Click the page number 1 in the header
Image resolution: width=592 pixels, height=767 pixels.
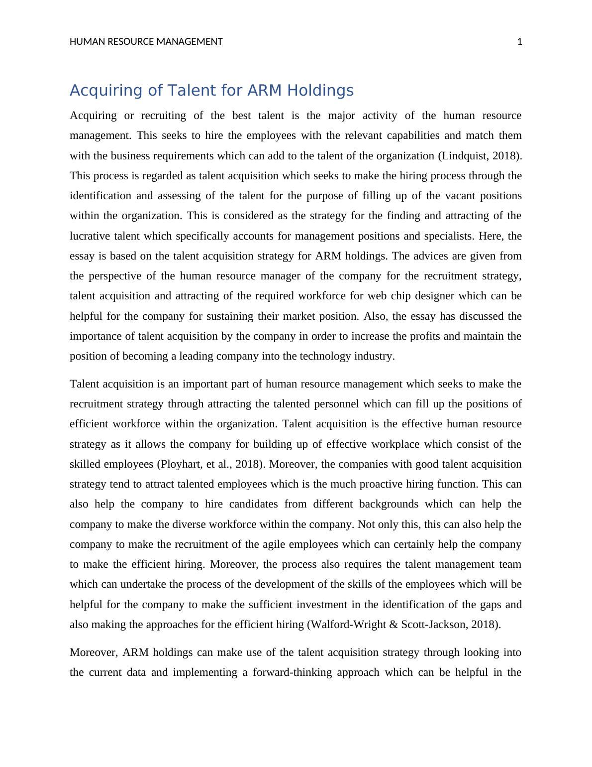pyautogui.click(x=520, y=42)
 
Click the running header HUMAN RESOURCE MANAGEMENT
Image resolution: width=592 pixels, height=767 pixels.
pyautogui.click(x=146, y=42)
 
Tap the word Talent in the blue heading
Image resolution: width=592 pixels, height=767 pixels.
pyautogui.click(x=188, y=91)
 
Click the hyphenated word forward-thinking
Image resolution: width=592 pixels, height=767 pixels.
pyautogui.click(x=292, y=672)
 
